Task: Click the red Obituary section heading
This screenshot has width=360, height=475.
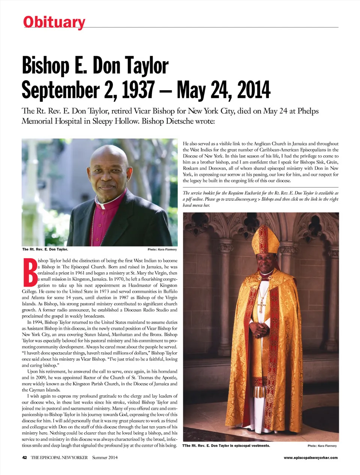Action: [54, 22]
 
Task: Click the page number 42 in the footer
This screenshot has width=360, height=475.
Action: [24, 457]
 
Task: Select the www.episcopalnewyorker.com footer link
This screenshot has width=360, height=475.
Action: [310, 457]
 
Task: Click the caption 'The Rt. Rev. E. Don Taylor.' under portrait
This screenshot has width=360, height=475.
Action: [45, 249]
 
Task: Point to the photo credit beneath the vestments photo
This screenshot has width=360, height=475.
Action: [322, 446]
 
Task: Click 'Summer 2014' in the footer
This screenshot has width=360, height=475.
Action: [105, 457]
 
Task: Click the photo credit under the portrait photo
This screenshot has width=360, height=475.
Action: [162, 250]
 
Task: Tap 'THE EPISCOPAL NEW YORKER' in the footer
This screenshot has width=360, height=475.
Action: [59, 457]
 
